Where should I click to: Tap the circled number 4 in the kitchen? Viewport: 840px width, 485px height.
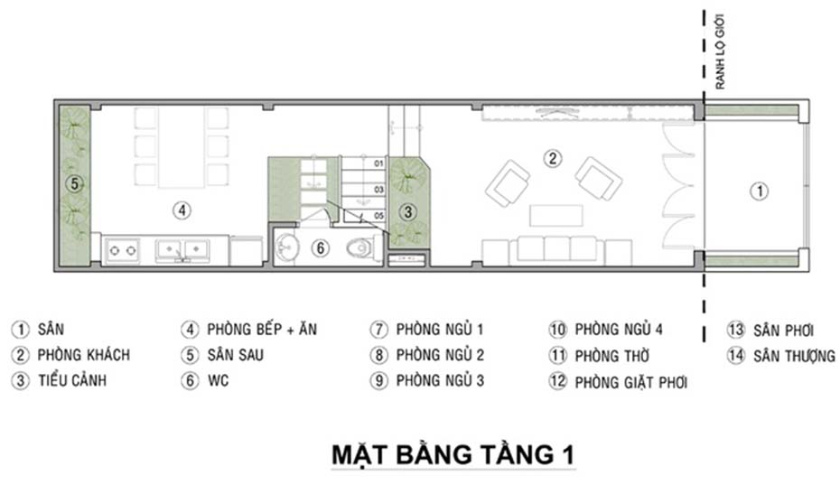point(182,210)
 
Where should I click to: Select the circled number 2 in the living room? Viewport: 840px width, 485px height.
point(552,158)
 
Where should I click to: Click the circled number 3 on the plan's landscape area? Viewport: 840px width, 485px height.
point(408,212)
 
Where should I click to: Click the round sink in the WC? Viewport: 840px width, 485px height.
point(286,245)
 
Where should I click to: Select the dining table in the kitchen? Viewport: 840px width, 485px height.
point(182,147)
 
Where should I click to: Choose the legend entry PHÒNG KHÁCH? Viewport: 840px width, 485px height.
point(83,355)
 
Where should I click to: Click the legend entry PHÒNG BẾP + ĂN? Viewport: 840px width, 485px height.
point(262,329)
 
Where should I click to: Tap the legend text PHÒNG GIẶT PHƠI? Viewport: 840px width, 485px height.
point(630,383)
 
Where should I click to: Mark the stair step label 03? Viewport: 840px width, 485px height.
point(378,189)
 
